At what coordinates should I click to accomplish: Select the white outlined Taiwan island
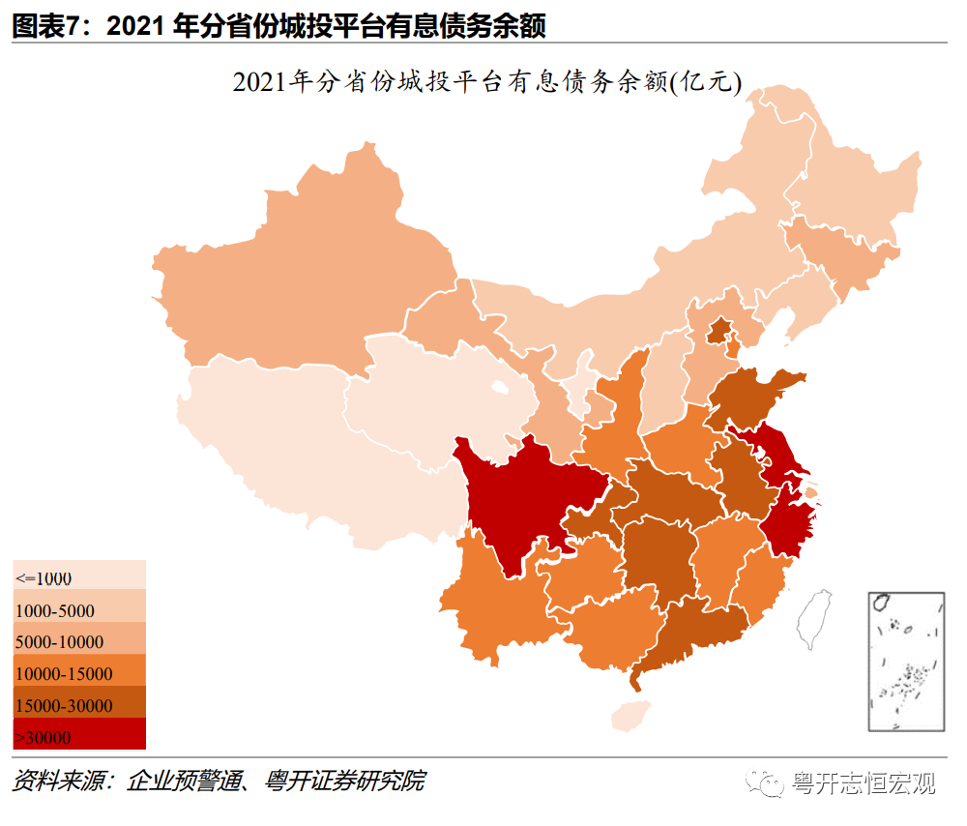click(813, 618)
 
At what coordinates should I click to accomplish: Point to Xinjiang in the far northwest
click(290, 261)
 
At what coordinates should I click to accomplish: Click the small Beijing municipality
click(718, 332)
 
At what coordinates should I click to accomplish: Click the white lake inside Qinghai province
click(499, 389)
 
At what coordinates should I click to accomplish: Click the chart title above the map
click(486, 83)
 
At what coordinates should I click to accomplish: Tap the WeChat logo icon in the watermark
click(771, 783)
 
